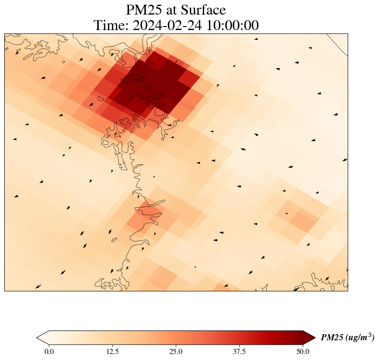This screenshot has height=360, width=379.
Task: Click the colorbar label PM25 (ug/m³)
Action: point(348,338)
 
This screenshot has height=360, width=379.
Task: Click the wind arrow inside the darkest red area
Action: point(138,80)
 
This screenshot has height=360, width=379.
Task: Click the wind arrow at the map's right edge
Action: point(345,160)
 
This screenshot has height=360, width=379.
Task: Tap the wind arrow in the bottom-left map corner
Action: point(38,286)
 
